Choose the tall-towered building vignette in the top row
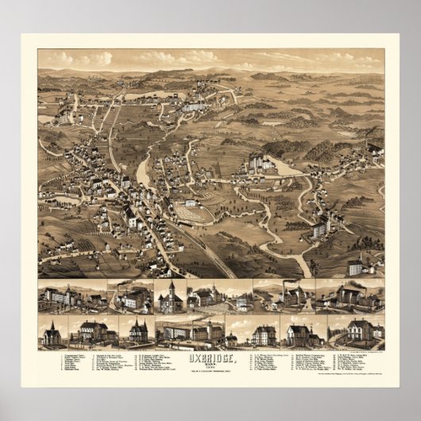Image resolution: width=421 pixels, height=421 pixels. pyautogui.click(x=170, y=296)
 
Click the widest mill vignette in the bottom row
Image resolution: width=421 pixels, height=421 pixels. pyautogui.click(x=191, y=330)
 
